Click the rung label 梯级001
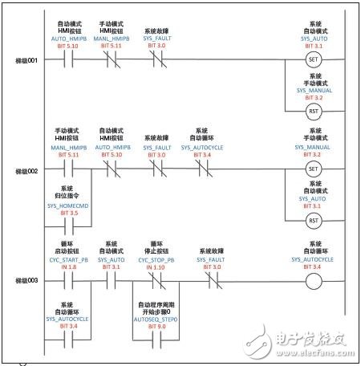point(26,60)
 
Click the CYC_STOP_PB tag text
point(157,259)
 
